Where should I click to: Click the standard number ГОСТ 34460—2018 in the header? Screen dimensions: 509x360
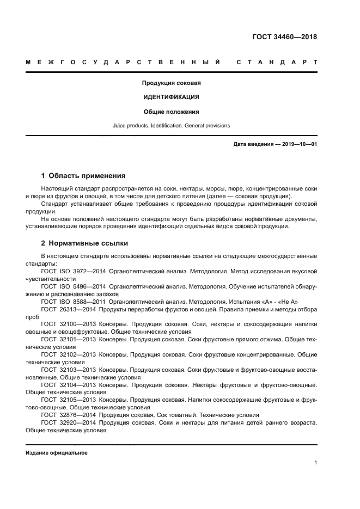(x=284, y=37)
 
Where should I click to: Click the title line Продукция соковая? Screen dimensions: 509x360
(x=171, y=83)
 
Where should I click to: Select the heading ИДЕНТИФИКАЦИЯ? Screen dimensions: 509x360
(x=171, y=97)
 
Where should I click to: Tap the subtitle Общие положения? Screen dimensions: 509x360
(x=171, y=112)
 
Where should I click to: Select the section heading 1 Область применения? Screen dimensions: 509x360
(x=83, y=176)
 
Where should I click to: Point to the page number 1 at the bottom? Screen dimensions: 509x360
(x=315, y=463)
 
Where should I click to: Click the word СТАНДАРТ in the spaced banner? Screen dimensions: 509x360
(x=277, y=63)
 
